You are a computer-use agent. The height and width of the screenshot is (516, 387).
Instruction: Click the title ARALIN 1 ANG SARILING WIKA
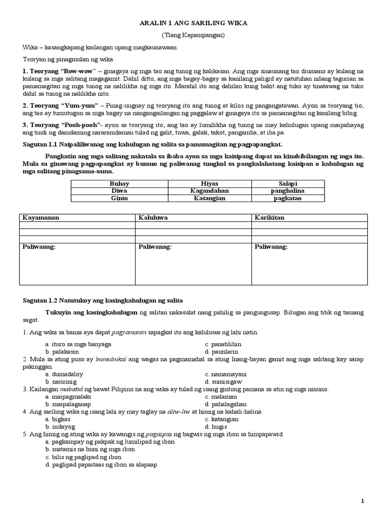coord(193,24)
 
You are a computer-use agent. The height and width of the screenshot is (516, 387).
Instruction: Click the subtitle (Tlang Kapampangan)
coord(193,35)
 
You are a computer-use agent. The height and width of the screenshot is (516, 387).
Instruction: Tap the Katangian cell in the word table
coord(210,199)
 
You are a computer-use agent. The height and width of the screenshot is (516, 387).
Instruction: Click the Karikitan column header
coord(270,218)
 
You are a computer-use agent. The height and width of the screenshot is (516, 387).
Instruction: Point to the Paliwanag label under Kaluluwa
coord(155,247)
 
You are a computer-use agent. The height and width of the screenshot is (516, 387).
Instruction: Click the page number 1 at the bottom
coord(362,501)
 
